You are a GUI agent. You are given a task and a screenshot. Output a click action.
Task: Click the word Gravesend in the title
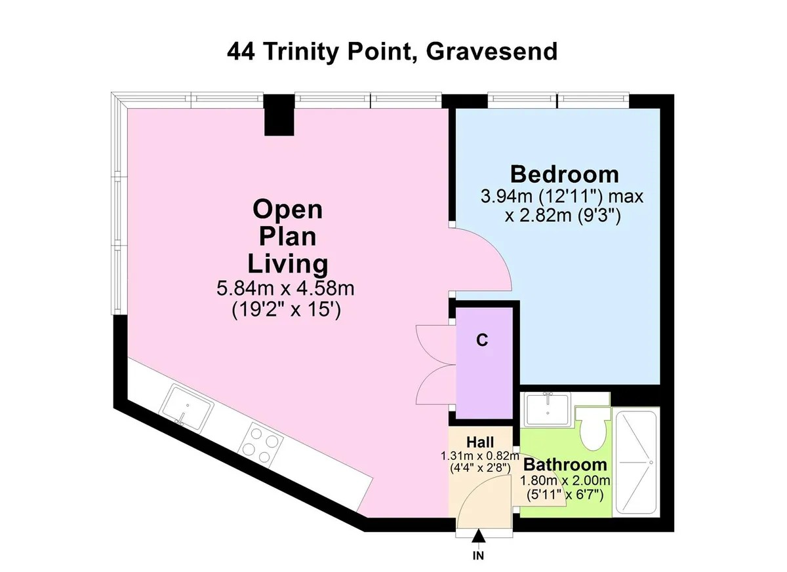[491, 51]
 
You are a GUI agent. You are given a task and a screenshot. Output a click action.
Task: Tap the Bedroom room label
[564, 174]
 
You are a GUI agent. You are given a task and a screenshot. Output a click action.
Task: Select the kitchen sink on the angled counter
[188, 407]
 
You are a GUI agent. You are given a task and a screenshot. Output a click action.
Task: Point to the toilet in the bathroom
[594, 430]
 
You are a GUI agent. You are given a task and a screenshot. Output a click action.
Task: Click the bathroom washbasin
[548, 409]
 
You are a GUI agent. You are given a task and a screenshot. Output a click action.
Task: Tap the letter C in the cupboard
[481, 341]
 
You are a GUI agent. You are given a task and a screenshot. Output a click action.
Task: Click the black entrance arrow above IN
[479, 536]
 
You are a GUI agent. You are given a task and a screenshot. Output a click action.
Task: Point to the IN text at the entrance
[479, 557]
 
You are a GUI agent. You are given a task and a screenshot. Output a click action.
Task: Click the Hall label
[481, 442]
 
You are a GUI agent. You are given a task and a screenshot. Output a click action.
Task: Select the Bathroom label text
[565, 465]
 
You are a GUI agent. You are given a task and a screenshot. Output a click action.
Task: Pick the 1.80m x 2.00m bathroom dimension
[565, 481]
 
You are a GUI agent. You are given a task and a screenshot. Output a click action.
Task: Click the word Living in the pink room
[287, 263]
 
